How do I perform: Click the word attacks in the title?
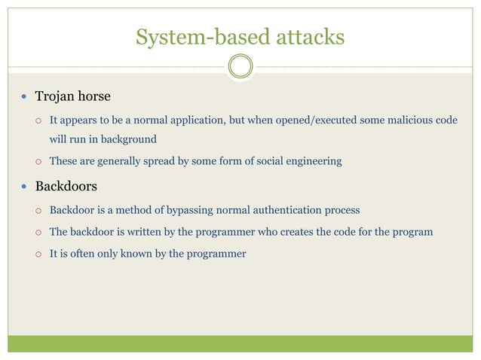point(307,36)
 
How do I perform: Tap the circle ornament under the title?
point(240,67)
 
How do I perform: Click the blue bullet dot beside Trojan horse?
point(26,97)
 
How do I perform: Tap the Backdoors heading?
point(66,185)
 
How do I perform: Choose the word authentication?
point(287,209)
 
